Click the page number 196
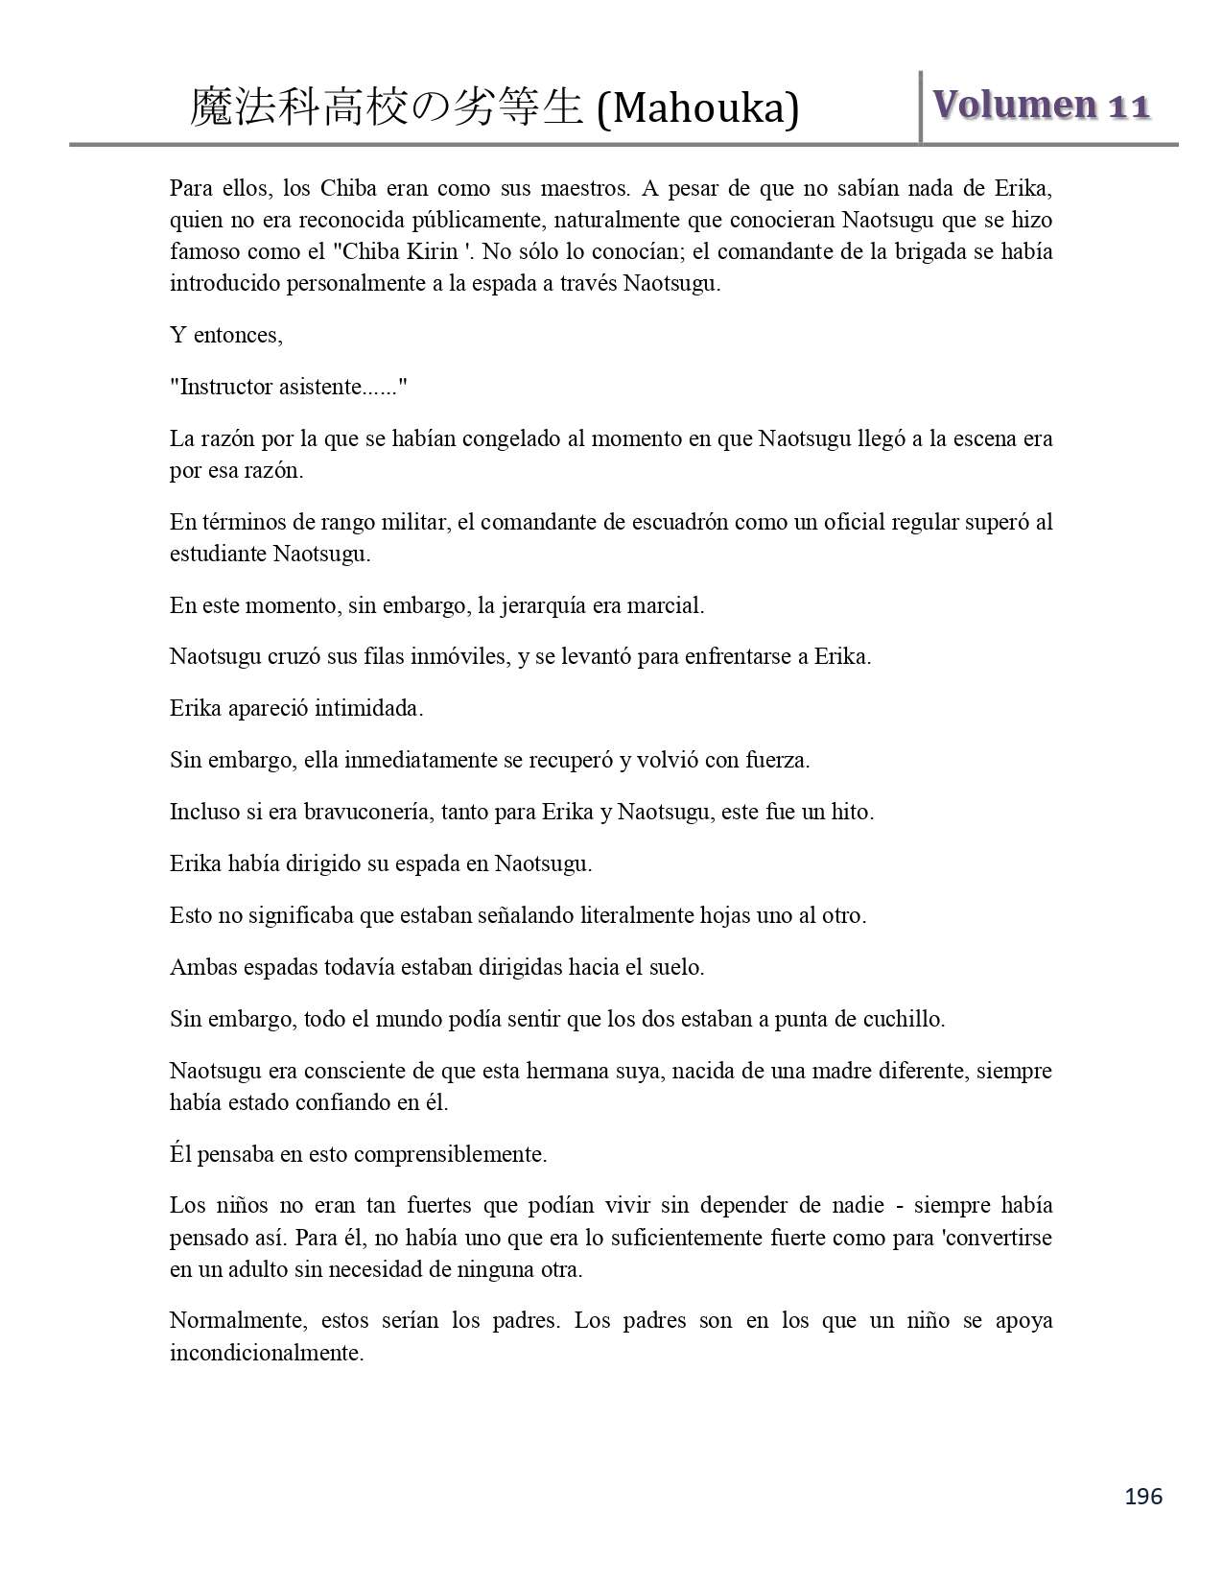coord(1143,1496)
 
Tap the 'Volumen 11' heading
coord(1042,105)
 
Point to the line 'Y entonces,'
coord(226,335)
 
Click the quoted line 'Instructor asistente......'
coord(289,387)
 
